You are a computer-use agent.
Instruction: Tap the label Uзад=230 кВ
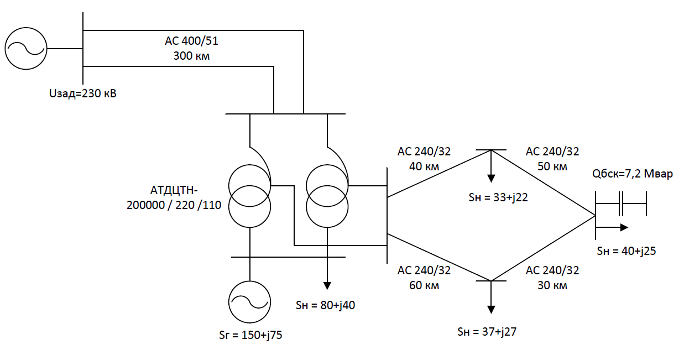pyautogui.click(x=83, y=93)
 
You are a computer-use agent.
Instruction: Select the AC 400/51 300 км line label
pyautogui.click(x=188, y=48)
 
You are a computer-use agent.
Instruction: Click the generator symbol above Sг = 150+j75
pyautogui.click(x=250, y=301)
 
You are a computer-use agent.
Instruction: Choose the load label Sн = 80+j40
pyautogui.click(x=326, y=304)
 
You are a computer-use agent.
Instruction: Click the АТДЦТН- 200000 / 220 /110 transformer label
pyautogui.click(x=174, y=198)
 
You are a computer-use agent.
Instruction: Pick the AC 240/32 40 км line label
pyautogui.click(x=424, y=159)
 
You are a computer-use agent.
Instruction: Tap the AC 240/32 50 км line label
pyautogui.click(x=552, y=159)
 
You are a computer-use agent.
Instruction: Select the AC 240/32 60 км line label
pyautogui.click(x=424, y=278)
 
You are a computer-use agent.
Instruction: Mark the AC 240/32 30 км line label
pyautogui.click(x=552, y=278)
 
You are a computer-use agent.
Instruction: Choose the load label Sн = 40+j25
pyautogui.click(x=626, y=251)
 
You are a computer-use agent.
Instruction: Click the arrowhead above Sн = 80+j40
pyautogui.click(x=327, y=285)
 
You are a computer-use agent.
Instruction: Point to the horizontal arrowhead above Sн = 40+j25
pyautogui.click(x=624, y=227)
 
